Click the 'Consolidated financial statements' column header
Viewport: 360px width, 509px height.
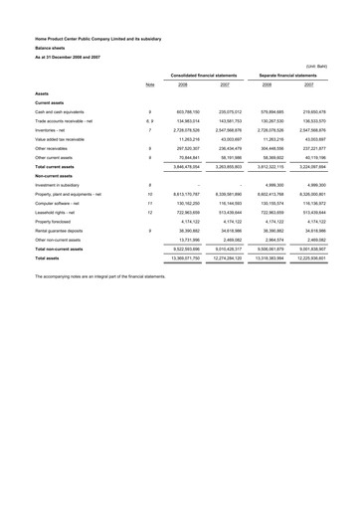[204, 77]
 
